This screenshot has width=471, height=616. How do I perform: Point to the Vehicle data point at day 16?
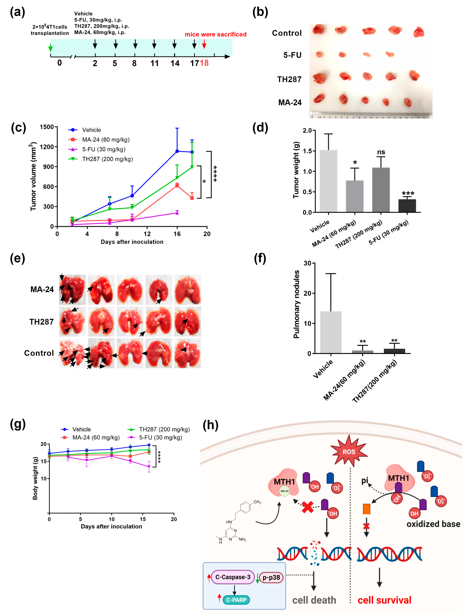[x=177, y=151]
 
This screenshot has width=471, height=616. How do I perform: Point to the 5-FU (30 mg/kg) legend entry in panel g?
[x=160, y=437]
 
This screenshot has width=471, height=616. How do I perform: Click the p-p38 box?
[x=271, y=577]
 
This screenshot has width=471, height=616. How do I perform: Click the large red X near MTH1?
[x=308, y=507]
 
